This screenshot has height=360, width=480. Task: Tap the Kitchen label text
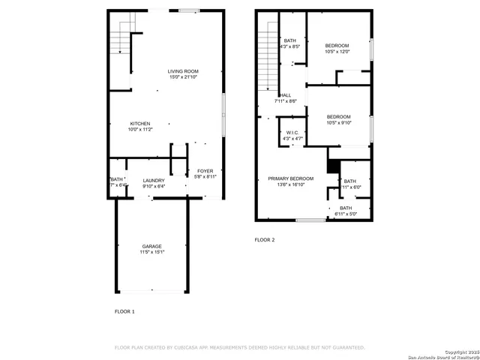pos(140,124)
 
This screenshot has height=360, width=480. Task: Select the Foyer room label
pos(205,171)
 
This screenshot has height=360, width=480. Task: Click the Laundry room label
pos(153,181)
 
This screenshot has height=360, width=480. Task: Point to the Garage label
pos(152,246)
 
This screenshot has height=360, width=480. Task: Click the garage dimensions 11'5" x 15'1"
pos(152,253)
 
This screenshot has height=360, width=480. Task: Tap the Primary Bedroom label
pos(291,178)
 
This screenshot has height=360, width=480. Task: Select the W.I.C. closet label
pos(292,133)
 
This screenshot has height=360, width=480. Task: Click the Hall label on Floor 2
pos(286,95)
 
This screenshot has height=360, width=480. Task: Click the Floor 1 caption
pos(124,310)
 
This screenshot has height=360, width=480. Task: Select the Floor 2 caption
pos(265,240)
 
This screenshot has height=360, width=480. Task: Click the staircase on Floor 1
pos(121,34)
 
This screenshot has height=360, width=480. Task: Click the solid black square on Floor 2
pos(333,166)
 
